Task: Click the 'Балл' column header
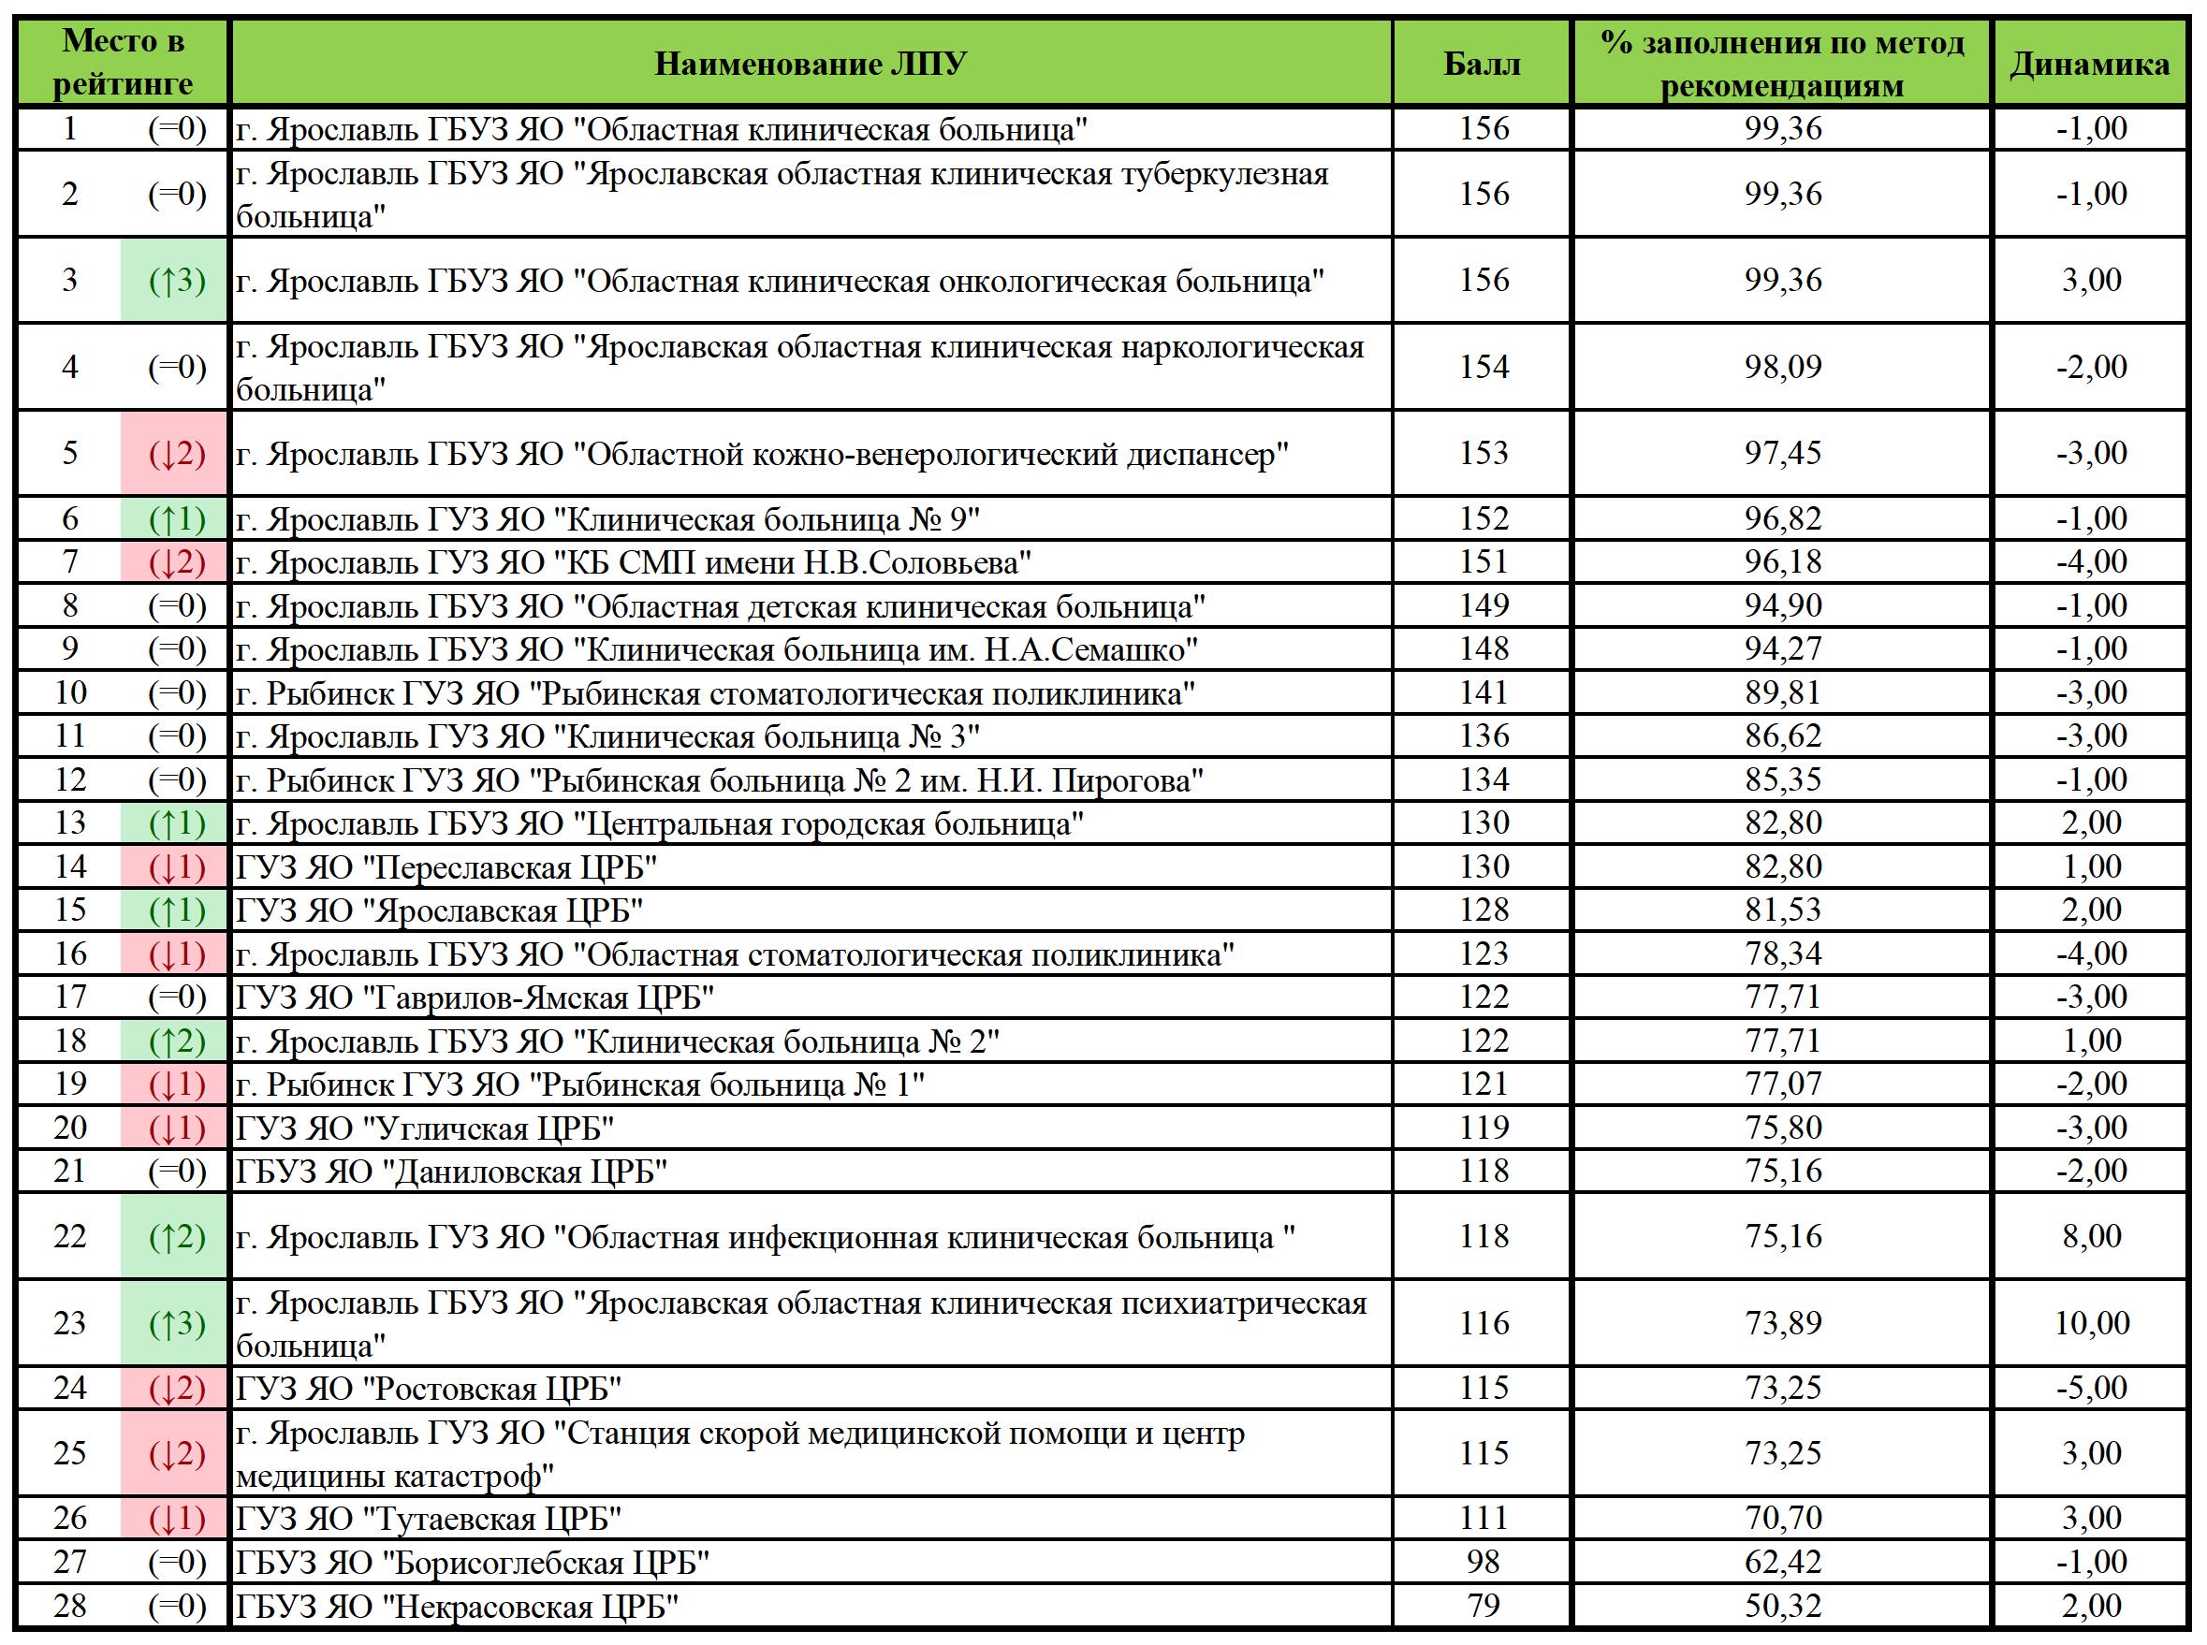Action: [x=1482, y=64]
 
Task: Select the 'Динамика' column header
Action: [x=2089, y=64]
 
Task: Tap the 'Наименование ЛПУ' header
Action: [x=810, y=64]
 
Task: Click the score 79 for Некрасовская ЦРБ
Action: [x=1483, y=1605]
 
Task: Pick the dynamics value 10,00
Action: [x=2092, y=1322]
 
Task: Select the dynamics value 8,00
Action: [x=2092, y=1236]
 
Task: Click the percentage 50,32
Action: [x=1783, y=1605]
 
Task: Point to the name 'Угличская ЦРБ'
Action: [x=424, y=1128]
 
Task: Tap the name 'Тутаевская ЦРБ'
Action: [x=429, y=1519]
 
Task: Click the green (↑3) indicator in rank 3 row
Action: [x=176, y=281]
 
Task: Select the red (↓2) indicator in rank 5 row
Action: [x=176, y=454]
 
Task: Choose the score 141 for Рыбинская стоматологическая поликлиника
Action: [x=1483, y=692]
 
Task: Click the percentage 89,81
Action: [x=1783, y=692]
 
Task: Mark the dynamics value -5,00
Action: [x=2092, y=1387]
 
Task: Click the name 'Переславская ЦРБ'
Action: [x=446, y=867]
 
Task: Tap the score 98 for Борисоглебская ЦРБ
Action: [x=1483, y=1562]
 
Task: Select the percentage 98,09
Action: [x=1783, y=367]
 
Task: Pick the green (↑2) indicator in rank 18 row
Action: [x=176, y=1041]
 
